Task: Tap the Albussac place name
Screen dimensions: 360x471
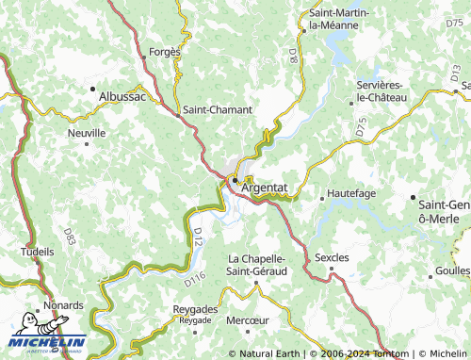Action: click(122, 95)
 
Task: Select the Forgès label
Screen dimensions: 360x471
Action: click(165, 53)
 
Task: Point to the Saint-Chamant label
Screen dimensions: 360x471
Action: click(218, 109)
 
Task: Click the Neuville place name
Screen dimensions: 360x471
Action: click(86, 134)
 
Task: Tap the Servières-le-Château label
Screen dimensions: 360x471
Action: click(382, 91)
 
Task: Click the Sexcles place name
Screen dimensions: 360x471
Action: click(332, 256)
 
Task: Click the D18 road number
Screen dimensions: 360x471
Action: click(294, 57)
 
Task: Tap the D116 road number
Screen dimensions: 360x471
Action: click(194, 280)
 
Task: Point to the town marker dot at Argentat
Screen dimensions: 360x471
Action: click(235, 179)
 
